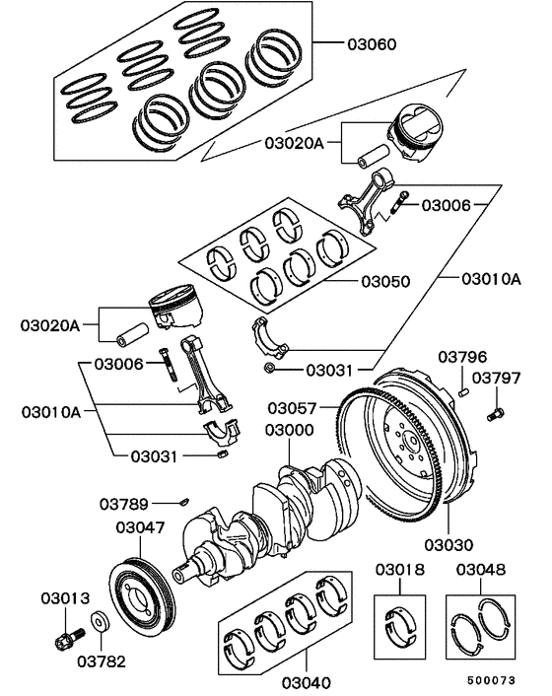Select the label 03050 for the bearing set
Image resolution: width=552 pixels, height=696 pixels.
pos(384,280)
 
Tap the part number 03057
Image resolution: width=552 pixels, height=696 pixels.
pos(293,407)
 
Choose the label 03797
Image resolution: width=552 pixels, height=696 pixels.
pos(497,377)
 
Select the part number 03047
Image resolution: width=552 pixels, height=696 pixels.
pos(140,527)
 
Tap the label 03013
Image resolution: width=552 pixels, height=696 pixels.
pos(65,597)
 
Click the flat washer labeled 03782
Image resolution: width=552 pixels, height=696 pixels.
pos(100,624)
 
